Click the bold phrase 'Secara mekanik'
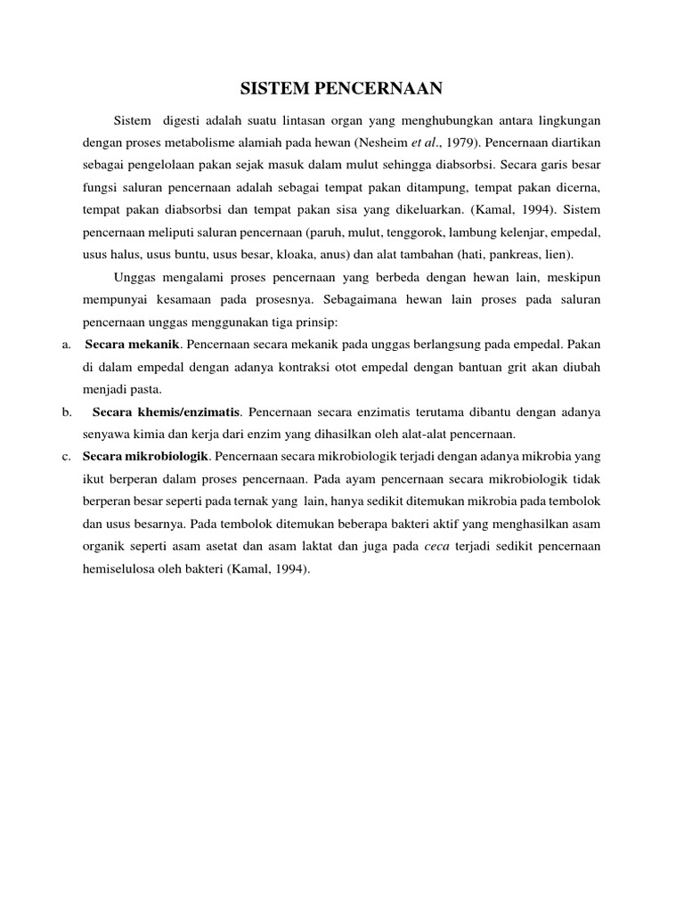[133, 343]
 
